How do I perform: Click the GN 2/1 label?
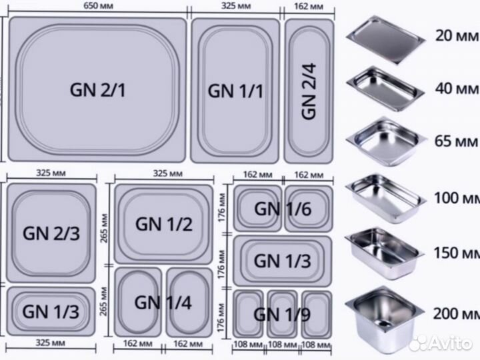[x=98, y=90]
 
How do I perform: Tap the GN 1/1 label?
[x=236, y=90]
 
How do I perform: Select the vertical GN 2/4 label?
[x=309, y=90]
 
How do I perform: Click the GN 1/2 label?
[x=164, y=223]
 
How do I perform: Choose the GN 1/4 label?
[x=163, y=302]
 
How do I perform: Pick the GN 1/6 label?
[x=282, y=208]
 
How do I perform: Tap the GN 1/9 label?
[x=282, y=313]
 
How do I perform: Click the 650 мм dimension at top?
[x=98, y=7]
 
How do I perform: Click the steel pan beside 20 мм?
[x=386, y=39]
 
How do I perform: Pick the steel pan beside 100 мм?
[x=385, y=197]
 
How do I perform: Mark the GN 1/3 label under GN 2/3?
[x=52, y=311]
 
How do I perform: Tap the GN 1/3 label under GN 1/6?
[x=282, y=260]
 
